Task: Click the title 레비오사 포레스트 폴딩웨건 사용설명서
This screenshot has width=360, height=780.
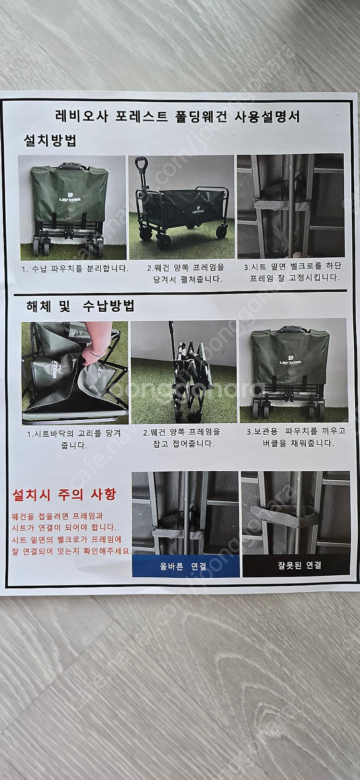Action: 178,117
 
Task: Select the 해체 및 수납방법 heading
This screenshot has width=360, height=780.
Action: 80,306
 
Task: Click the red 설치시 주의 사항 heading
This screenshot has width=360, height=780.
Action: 64,495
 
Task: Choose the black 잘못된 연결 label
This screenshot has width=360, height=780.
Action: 296,565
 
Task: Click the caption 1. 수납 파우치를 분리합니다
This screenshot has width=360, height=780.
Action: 75,269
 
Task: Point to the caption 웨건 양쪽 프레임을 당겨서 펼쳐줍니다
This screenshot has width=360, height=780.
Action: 186,273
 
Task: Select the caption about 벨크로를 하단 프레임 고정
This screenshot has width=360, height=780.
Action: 293,272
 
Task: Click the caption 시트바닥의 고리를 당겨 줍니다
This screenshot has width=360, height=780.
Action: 74,439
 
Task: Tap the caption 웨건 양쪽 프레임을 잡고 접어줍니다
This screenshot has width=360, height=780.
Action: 182,438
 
